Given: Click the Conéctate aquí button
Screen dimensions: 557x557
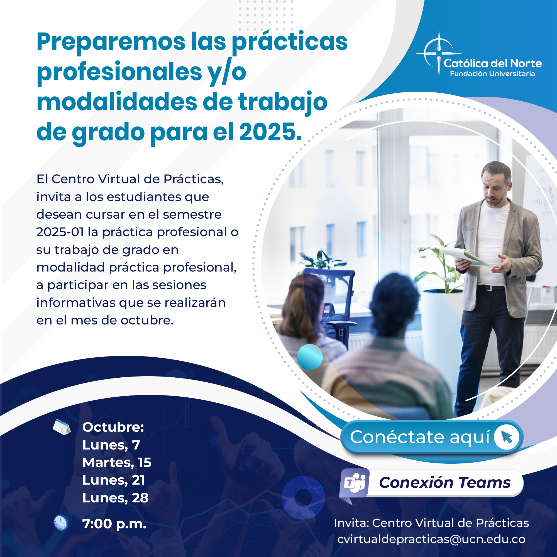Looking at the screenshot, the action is (x=432, y=437).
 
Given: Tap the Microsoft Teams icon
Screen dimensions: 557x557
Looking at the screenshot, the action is (x=354, y=486).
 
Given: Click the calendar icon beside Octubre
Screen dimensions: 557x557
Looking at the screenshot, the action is (x=61, y=427).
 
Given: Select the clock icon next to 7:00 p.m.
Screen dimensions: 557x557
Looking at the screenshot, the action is (x=60, y=523).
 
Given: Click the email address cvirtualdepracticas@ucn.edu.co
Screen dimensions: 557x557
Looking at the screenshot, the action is (x=431, y=539).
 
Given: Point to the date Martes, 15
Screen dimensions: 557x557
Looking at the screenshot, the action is (x=117, y=463).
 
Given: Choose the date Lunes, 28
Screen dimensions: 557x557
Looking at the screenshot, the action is (x=115, y=498).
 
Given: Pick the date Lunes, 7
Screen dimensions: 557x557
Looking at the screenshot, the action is (x=111, y=445).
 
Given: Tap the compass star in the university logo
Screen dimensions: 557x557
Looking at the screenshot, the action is (x=439, y=53).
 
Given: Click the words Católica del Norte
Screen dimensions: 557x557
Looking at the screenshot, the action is (x=493, y=63).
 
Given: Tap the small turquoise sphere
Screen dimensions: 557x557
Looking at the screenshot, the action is (x=310, y=357).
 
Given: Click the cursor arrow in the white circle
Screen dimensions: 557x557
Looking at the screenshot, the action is (x=507, y=437).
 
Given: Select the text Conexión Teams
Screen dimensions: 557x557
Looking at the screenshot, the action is (x=444, y=483).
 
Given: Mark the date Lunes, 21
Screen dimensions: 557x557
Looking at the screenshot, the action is (x=114, y=480).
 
